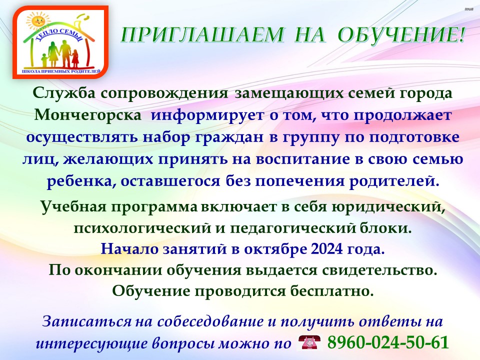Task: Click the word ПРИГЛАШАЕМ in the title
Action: tap(202, 34)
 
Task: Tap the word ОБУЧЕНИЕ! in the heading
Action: tap(401, 34)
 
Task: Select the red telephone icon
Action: tap(309, 342)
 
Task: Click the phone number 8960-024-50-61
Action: tap(388, 342)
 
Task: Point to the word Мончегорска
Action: tap(88, 115)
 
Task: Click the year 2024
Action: tap(326, 249)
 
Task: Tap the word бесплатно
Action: tap(332, 291)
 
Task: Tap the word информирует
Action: tap(207, 115)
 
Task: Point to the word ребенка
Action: tap(81, 181)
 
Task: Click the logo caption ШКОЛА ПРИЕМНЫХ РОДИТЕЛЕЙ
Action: tap(61, 71)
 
